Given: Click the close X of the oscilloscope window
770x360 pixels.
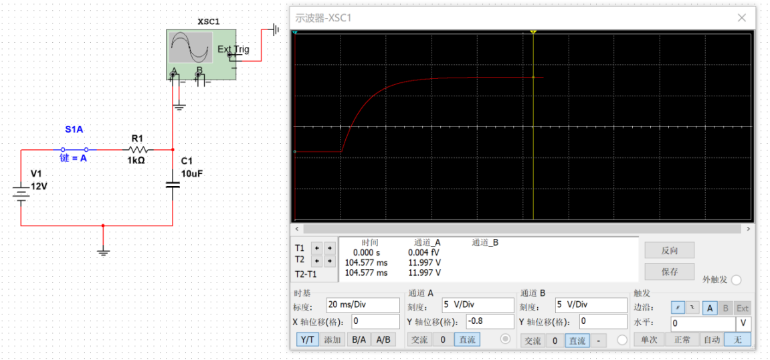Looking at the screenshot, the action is click(741, 18).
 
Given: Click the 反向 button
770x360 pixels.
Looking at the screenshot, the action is click(670, 250).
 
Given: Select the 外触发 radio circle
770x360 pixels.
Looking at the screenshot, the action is click(736, 280).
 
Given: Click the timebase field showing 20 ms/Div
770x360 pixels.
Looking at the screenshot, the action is click(363, 305).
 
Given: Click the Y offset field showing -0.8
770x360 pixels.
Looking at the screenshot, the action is click(490, 322).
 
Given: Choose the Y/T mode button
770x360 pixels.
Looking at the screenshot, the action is click(308, 339).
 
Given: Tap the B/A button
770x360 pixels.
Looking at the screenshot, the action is click(359, 339).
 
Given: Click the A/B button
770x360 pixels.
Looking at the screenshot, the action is click(383, 339).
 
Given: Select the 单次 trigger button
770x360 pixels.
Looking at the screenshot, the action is click(649, 339).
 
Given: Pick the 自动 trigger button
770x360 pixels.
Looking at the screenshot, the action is click(712, 339).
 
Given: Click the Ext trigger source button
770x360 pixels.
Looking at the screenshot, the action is click(743, 308).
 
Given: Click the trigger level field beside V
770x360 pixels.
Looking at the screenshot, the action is click(702, 324).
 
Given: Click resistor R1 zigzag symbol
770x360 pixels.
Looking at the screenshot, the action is click(138, 149).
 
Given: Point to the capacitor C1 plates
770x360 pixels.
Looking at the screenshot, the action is click(173, 185).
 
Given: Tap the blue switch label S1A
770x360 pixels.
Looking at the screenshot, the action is click(75, 130).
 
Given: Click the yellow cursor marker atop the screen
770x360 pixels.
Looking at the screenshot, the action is click(533, 32).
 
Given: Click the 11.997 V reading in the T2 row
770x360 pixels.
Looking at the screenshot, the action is click(424, 262).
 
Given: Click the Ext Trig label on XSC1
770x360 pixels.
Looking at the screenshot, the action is click(233, 49).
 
